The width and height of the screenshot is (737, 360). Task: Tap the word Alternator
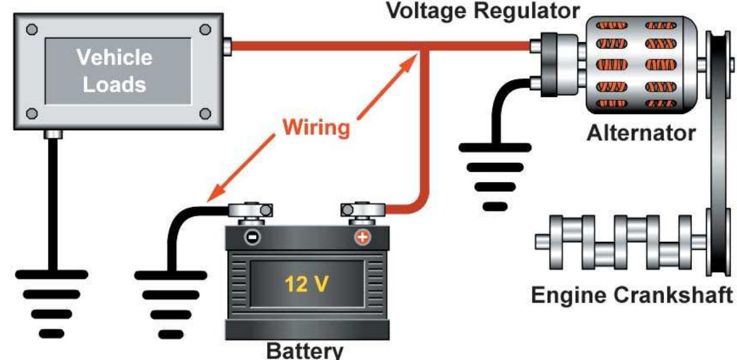pos(641,134)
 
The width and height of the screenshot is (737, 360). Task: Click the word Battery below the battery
pos(304,351)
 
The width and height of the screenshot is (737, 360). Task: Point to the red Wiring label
pos(316,127)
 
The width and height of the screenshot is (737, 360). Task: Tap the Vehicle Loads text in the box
pos(114,71)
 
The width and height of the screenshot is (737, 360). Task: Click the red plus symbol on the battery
pos(362,238)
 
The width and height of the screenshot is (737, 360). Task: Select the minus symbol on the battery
pos(252,238)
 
